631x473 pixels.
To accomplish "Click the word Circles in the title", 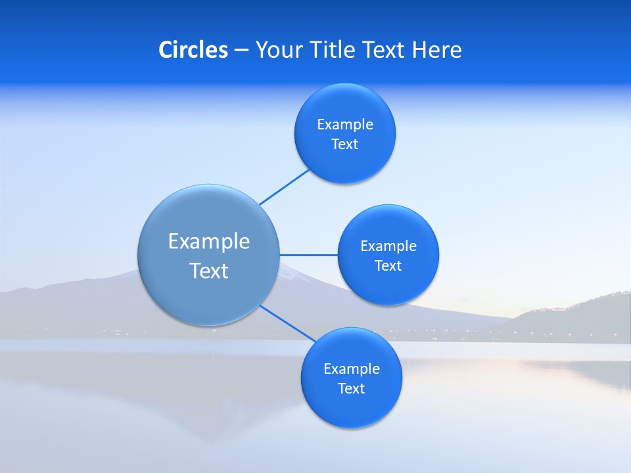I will click(193, 50).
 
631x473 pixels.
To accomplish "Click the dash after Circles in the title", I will click(241, 51).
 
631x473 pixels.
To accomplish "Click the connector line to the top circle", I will click(285, 187).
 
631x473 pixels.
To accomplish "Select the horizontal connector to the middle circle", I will click(308, 255).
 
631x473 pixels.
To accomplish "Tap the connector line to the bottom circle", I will click(288, 323).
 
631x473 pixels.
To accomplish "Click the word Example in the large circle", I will click(209, 241).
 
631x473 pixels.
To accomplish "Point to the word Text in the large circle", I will click(209, 271).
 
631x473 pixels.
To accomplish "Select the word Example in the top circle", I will click(345, 125).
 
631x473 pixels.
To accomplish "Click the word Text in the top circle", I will click(345, 145).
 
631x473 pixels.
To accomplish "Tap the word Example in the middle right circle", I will click(388, 246).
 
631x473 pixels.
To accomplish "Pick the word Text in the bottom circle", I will click(351, 388).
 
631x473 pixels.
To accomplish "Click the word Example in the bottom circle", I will click(351, 369).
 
